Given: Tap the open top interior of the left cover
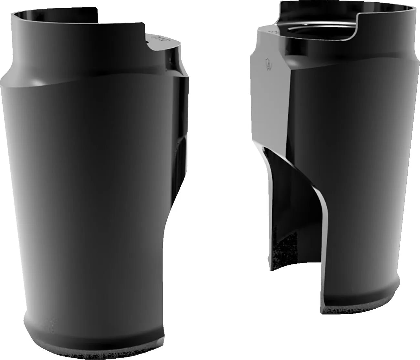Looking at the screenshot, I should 55,16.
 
